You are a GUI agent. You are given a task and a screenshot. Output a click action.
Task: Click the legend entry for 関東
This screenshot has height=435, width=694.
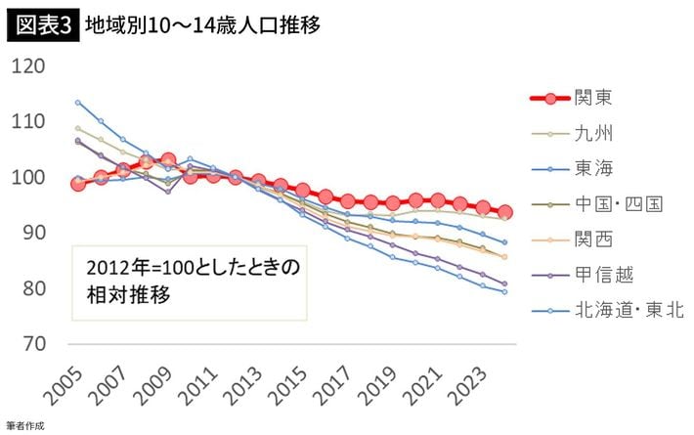(x=595, y=98)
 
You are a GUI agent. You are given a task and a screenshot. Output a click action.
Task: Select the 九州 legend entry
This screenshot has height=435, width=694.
(x=595, y=133)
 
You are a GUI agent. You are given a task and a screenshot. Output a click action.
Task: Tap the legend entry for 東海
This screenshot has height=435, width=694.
(x=595, y=168)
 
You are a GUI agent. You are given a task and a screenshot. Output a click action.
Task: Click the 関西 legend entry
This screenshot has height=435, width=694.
(x=595, y=239)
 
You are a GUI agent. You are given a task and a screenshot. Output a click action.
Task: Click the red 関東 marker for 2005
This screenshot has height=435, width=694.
(x=78, y=183)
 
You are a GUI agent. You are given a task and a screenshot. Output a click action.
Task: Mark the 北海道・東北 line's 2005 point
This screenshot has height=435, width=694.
(x=78, y=102)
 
